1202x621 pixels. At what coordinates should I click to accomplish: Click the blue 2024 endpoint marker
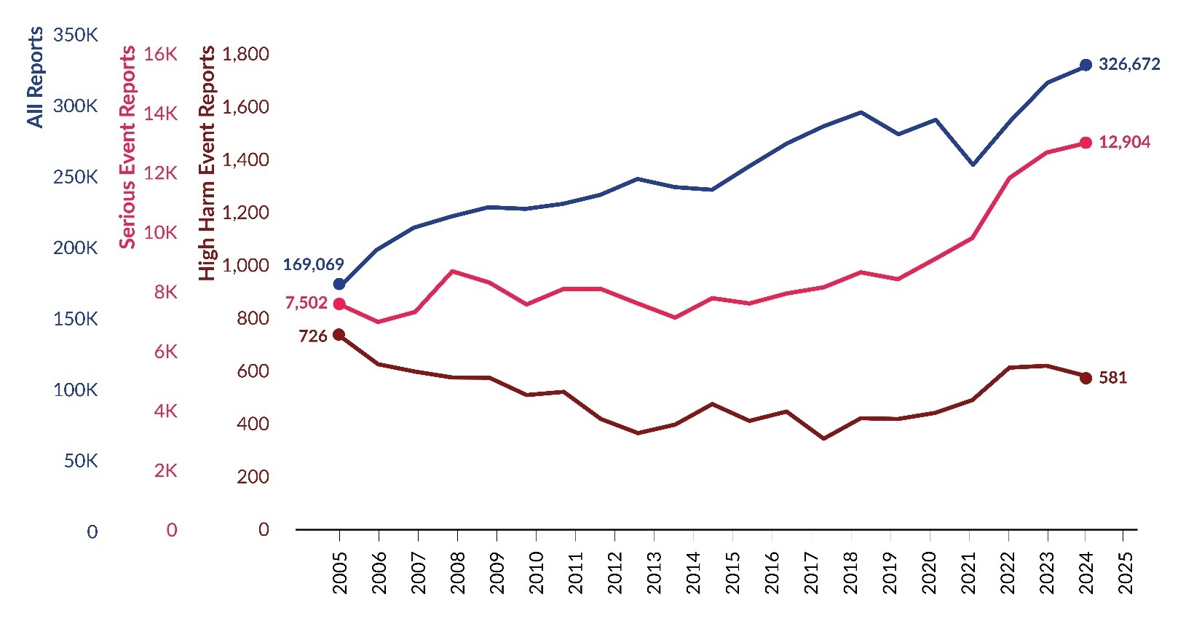click(1085, 65)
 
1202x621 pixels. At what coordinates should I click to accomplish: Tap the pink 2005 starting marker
click(339, 304)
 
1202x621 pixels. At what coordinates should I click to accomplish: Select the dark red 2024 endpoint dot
click(1085, 378)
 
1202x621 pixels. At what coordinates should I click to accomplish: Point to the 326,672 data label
click(1129, 64)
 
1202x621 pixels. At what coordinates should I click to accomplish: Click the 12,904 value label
click(1124, 142)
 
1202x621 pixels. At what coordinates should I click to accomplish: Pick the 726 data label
click(313, 336)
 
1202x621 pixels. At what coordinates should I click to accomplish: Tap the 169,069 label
click(313, 264)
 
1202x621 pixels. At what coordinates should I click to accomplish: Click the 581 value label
click(1112, 378)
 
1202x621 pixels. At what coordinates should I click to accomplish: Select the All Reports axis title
click(35, 77)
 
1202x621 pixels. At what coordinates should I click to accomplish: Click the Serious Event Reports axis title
click(128, 147)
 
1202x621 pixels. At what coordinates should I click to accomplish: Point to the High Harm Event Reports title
click(207, 163)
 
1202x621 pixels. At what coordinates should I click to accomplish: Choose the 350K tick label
click(75, 35)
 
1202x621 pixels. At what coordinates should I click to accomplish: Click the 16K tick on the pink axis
click(160, 54)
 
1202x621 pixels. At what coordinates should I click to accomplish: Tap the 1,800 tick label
click(245, 54)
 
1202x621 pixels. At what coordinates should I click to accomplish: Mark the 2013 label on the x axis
click(655, 572)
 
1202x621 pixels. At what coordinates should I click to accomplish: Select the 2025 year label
click(1126, 572)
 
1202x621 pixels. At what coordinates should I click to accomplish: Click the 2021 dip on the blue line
click(973, 165)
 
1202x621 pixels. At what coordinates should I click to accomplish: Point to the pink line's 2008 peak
click(453, 272)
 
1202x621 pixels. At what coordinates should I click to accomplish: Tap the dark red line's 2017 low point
click(823, 438)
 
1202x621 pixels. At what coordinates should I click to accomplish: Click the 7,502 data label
click(306, 303)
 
